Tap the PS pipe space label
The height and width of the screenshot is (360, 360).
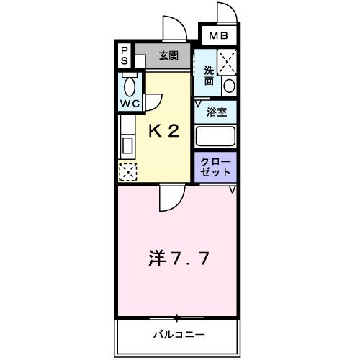click(x=124, y=55)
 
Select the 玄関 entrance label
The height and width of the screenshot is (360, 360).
click(x=169, y=55)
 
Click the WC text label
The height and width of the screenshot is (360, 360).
click(x=129, y=104)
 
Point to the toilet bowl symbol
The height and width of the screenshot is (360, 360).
click(x=130, y=87)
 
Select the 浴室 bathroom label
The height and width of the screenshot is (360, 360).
click(x=216, y=111)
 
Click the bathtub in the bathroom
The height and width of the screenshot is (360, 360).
click(x=216, y=135)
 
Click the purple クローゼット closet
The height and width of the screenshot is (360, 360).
click(x=215, y=166)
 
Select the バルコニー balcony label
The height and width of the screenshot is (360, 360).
click(x=178, y=335)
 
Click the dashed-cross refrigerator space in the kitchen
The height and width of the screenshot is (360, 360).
click(x=127, y=172)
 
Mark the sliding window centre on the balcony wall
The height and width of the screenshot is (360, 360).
click(x=176, y=318)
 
